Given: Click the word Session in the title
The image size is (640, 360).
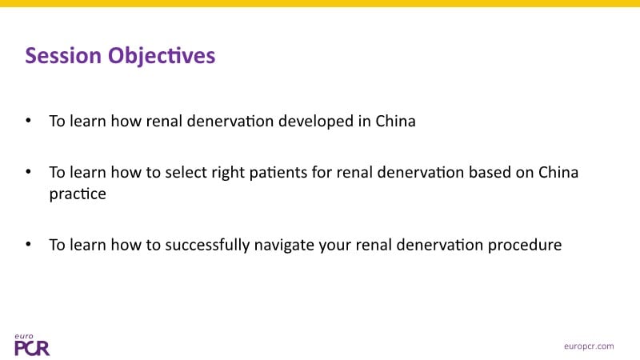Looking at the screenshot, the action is (x=63, y=55).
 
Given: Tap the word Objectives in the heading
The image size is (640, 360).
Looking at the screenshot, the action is (x=162, y=56).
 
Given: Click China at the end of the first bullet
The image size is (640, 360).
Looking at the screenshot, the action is (x=395, y=122).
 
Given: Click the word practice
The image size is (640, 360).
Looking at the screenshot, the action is (x=78, y=194).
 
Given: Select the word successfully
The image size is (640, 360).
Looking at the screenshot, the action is (x=207, y=246).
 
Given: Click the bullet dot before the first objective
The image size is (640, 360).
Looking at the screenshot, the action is (x=28, y=121).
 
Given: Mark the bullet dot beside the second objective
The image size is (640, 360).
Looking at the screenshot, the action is (x=28, y=171).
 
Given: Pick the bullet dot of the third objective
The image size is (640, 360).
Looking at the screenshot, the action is (x=28, y=244).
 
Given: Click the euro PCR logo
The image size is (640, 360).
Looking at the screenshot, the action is (x=32, y=345).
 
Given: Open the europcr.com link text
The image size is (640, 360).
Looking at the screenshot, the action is (x=589, y=346).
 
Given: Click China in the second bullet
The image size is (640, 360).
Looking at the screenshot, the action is (x=558, y=172).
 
